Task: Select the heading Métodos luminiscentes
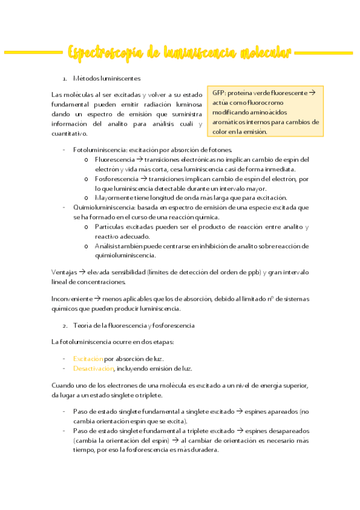pyautogui.click(x=107, y=79)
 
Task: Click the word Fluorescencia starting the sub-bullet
pyautogui.click(x=114, y=159)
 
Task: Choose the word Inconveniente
pyautogui.click(x=71, y=299)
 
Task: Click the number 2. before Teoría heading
pyautogui.click(x=64, y=325)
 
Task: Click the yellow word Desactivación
pyautogui.click(x=93, y=368)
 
